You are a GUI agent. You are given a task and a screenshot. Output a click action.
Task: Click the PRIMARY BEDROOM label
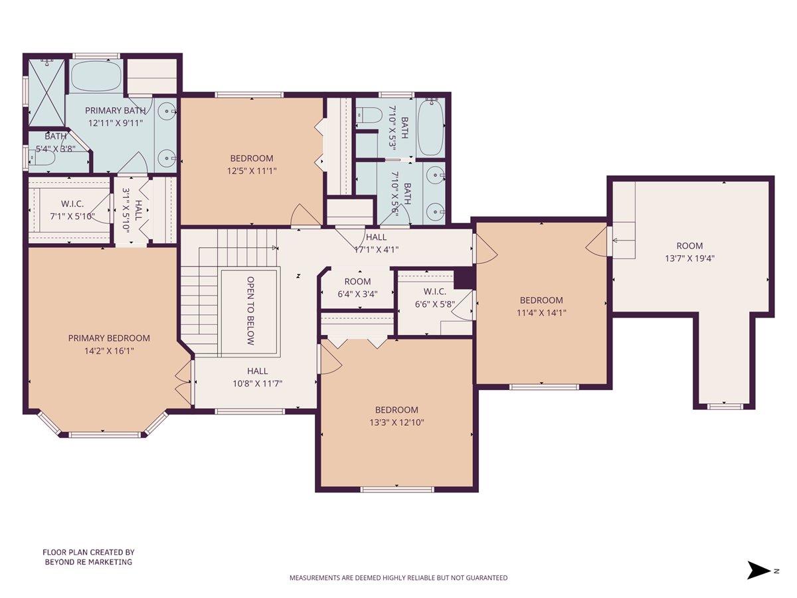[x=109, y=338]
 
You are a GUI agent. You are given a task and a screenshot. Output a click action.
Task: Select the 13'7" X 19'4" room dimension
[x=689, y=258]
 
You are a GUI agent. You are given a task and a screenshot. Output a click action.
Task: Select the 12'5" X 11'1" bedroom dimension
[x=252, y=171]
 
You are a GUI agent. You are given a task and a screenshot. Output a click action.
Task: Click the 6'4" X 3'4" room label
[x=357, y=294]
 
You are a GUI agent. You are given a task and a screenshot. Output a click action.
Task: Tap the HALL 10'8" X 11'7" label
[x=258, y=383]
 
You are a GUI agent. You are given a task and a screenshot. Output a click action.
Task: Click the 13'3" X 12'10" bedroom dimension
[x=397, y=422]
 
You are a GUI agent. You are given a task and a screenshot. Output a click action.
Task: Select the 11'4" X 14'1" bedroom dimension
[x=541, y=312]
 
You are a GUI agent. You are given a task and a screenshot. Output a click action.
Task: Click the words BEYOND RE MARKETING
[x=88, y=562]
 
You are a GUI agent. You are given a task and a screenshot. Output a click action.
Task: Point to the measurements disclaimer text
[x=398, y=578]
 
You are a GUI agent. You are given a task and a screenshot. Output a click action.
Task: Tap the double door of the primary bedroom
[x=183, y=381]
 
